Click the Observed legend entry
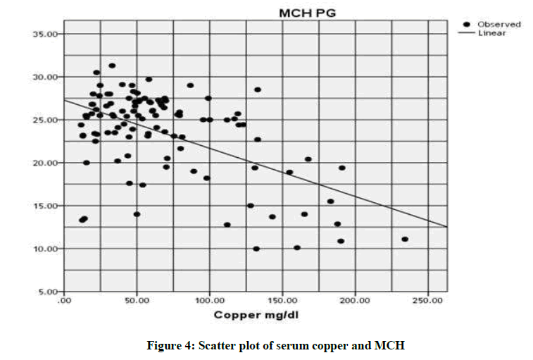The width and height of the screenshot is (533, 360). [499, 25]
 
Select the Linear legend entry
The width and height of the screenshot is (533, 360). [492, 33]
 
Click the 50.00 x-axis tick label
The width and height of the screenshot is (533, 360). [137, 301]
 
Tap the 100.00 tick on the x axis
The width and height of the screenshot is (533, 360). [209, 301]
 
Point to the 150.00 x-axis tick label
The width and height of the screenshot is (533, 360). [282, 301]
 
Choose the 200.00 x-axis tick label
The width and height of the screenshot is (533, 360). [356, 301]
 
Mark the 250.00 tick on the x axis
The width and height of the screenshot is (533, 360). [428, 301]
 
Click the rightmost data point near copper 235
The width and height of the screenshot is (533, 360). [405, 240]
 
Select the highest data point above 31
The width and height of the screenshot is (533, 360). [112, 66]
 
